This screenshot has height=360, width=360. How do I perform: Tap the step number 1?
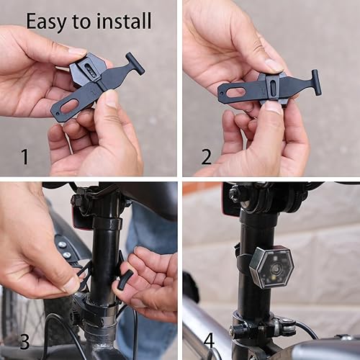coord(24,156)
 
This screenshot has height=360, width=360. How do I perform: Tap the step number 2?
coord(207,156)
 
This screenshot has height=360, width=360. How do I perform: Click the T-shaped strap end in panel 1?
coord(134,63)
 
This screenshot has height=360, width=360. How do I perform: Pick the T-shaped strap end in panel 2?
coord(315,81)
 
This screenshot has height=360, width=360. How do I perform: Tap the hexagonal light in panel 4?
coord(271,266)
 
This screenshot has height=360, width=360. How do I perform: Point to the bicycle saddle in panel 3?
coord(148,198)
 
